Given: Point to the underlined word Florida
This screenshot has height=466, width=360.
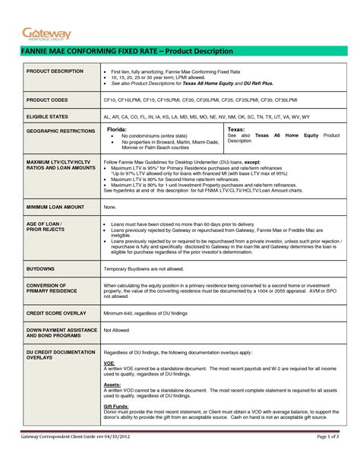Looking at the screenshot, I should click(115, 130).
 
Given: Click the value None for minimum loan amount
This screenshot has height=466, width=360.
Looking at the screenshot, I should click(110, 207).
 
